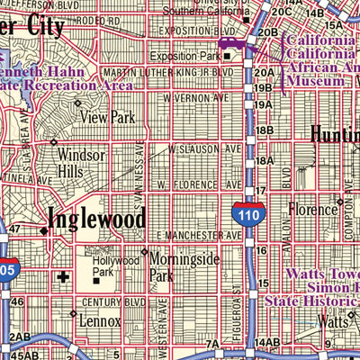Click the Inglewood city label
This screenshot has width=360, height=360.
95,219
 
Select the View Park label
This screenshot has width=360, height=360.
109,117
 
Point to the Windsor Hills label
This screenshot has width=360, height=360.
83,162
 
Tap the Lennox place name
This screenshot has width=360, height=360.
99,320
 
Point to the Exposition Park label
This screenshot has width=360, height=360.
192,55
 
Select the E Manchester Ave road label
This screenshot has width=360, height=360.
199,235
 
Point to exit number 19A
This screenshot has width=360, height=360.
264,74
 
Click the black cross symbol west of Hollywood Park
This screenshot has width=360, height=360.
62,277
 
